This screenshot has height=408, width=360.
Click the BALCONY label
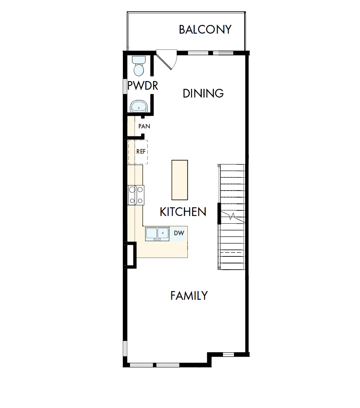(205, 30)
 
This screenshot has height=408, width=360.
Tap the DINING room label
(203, 94)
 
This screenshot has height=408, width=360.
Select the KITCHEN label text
(183, 212)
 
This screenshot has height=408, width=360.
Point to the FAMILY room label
(189, 296)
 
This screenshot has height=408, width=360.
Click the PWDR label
(143, 86)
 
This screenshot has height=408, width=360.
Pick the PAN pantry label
(144, 126)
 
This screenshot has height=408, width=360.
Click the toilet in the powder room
(138, 66)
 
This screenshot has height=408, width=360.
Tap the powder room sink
(138, 106)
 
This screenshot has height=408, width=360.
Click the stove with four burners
(136, 195)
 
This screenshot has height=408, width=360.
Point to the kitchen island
(179, 180)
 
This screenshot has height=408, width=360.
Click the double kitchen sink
(157, 234)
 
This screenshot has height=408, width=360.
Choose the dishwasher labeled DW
(179, 233)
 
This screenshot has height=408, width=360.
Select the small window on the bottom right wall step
(228, 354)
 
